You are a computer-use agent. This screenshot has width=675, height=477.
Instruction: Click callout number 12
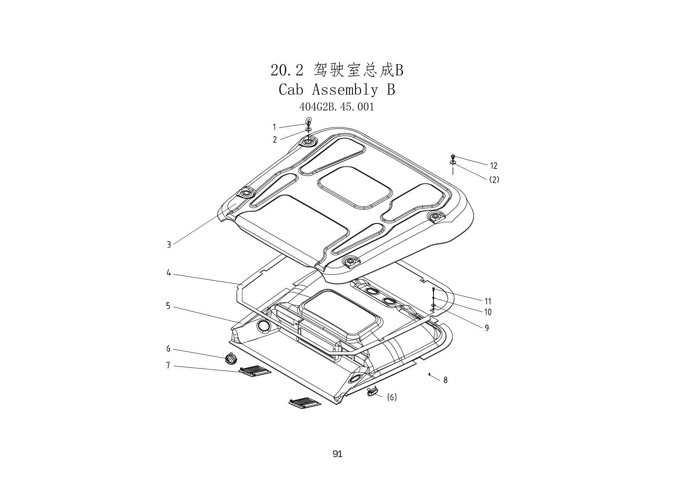click(494, 166)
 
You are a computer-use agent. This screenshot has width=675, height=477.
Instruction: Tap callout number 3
click(168, 245)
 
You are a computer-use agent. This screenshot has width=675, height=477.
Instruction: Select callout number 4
click(168, 273)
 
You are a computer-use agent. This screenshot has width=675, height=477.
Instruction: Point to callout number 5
click(168, 306)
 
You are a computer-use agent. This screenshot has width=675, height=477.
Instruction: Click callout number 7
click(168, 365)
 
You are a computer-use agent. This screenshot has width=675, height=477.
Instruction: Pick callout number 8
click(445, 380)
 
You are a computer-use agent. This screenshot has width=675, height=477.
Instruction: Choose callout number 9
click(487, 328)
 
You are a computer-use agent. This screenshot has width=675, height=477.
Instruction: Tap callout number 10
click(488, 312)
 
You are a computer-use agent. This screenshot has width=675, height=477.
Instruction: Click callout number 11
click(488, 302)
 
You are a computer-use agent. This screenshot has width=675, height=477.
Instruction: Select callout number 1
click(274, 127)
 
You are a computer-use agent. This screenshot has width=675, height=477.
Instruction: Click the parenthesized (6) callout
click(392, 397)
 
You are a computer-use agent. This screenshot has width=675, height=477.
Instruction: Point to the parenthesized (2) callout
click(494, 180)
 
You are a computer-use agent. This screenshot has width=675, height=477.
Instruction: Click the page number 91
click(337, 454)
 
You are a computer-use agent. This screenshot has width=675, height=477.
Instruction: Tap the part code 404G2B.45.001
click(337, 107)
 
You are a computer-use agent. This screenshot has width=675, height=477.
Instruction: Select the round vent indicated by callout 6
click(231, 359)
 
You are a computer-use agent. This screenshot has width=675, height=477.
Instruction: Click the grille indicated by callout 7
click(255, 371)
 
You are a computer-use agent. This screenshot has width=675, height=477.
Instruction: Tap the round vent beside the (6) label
click(372, 392)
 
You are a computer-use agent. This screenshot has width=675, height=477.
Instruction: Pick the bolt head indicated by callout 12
click(453, 157)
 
